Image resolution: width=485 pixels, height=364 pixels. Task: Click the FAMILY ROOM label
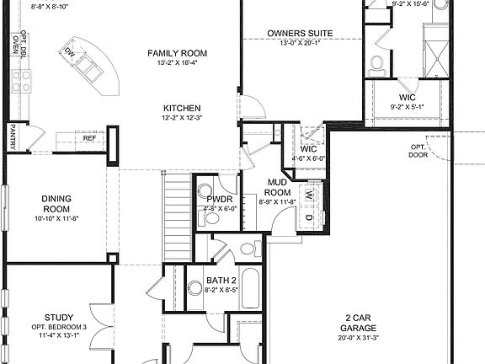(x=177, y=53)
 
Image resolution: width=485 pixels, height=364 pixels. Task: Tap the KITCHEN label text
(x=181, y=108)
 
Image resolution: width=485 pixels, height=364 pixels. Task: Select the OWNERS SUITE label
(x=300, y=34)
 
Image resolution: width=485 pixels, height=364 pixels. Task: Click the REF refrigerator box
(x=88, y=137)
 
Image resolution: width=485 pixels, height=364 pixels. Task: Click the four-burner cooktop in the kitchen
(x=21, y=81)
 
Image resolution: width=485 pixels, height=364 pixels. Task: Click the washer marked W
(x=309, y=195)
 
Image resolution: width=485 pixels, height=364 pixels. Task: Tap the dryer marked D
(x=309, y=218)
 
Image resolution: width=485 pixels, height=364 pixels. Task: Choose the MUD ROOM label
(x=279, y=187)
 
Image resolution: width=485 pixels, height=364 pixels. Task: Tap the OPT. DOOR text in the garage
(x=418, y=151)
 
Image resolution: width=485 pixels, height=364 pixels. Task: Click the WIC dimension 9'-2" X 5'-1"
(x=408, y=107)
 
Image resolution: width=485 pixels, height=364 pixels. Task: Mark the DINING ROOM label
(x=56, y=205)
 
